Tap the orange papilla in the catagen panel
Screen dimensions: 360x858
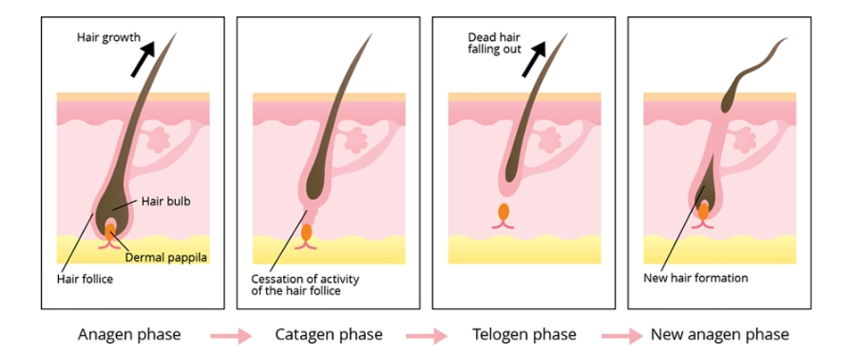click(x=307, y=232)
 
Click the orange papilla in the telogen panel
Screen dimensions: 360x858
click(x=504, y=213)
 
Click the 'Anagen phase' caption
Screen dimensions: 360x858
click(x=129, y=335)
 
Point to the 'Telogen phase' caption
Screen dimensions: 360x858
click(x=524, y=335)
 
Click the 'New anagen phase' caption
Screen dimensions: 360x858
click(x=720, y=335)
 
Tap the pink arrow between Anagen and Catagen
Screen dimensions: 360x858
click(x=230, y=336)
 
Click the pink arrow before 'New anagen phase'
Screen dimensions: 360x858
click(x=621, y=336)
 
